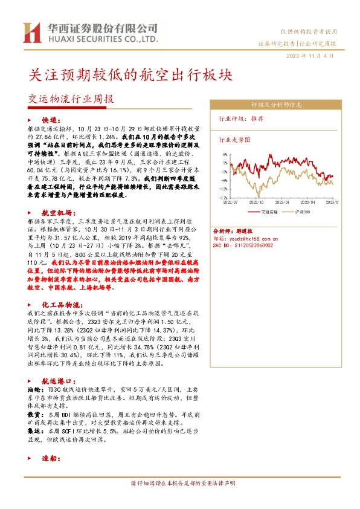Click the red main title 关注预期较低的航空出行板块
(x=130, y=74)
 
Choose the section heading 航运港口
(x=58, y=381)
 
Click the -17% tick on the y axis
(x=223, y=197)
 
